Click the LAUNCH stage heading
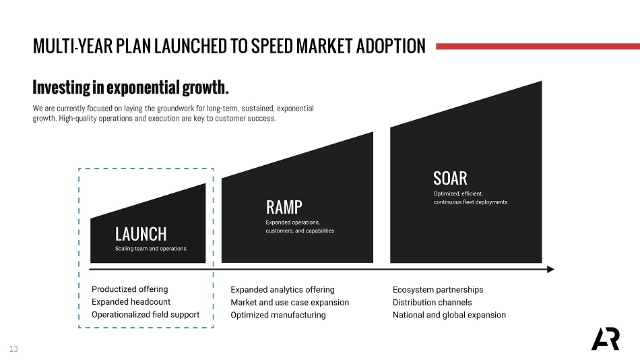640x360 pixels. point(141,235)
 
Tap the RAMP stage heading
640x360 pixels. point(284,208)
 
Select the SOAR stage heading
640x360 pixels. point(450,179)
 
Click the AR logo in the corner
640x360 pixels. point(606,338)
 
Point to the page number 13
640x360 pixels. point(13,349)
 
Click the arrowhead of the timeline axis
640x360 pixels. point(550,269)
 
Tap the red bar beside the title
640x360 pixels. point(538,47)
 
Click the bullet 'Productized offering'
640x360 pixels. point(130,289)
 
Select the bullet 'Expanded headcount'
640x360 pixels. point(131,302)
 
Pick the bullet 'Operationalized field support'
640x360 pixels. point(146,315)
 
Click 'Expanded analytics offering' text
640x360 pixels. point(282,290)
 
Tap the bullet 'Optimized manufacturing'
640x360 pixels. point(278,315)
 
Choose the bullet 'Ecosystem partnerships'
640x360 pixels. point(438,290)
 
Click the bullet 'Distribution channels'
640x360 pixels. point(433,303)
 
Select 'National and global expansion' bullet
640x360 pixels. point(449,315)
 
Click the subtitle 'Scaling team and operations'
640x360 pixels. point(151,249)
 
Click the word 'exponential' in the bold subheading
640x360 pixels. point(143,88)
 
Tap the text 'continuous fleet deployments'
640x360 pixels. point(471,202)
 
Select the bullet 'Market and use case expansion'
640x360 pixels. point(290,303)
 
